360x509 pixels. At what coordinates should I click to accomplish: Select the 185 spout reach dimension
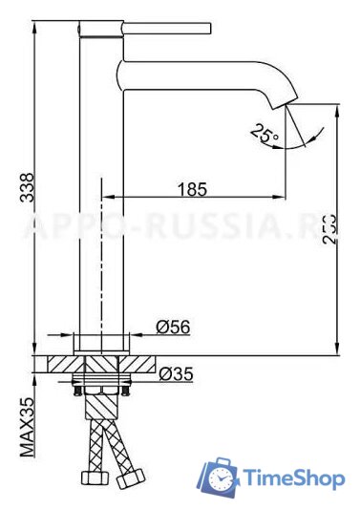coord(193,189)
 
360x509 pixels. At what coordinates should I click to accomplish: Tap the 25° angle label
coord(265,133)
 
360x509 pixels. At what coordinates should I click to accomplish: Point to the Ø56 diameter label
coord(173,328)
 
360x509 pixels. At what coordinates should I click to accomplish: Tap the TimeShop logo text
coord(292,478)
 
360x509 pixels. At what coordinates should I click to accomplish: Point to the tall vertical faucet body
coord(100,191)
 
